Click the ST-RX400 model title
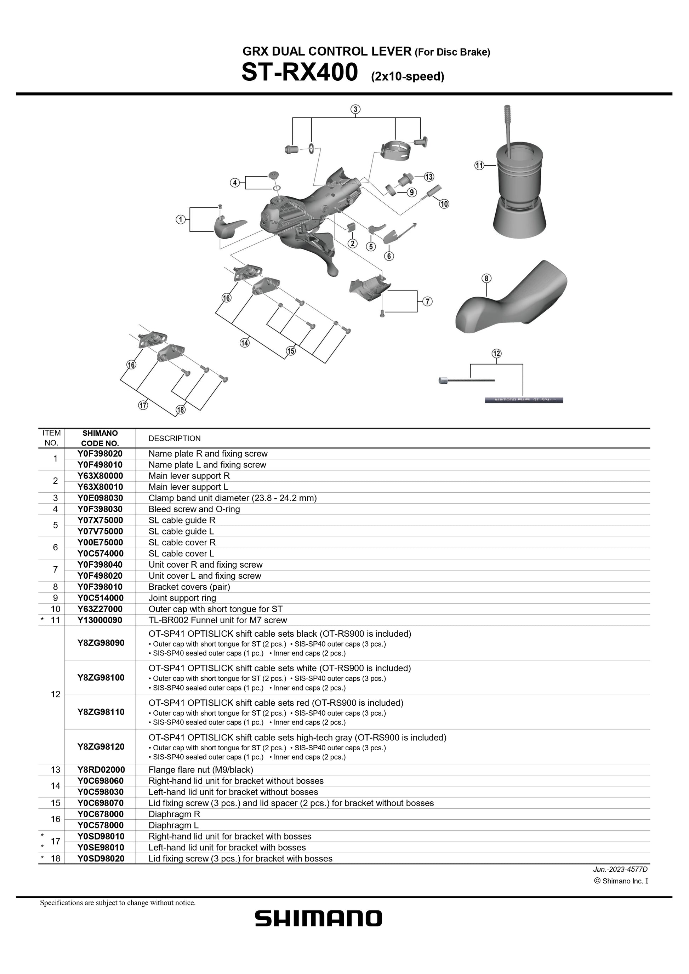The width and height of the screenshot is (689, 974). [x=300, y=73]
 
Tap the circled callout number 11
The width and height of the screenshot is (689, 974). [x=479, y=165]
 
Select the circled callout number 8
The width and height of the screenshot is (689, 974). [x=486, y=278]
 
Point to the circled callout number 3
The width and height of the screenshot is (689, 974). [x=355, y=109]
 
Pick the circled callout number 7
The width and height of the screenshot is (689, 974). [x=428, y=301]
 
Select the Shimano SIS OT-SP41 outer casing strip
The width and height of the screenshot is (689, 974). [x=524, y=400]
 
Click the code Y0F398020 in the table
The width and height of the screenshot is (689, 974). [x=100, y=453]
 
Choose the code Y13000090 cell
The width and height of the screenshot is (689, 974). [x=100, y=620]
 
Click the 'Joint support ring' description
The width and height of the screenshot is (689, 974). [x=182, y=598]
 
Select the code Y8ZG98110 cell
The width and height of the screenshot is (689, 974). [x=101, y=712]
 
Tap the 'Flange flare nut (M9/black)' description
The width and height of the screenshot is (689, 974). [x=201, y=769]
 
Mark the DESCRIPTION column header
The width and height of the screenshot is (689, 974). [x=174, y=438]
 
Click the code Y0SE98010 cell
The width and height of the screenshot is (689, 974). [x=101, y=847]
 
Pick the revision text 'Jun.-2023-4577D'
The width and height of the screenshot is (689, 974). [x=620, y=869]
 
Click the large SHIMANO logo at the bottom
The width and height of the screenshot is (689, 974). [x=318, y=918]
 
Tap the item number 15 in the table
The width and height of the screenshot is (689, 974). [x=56, y=803]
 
